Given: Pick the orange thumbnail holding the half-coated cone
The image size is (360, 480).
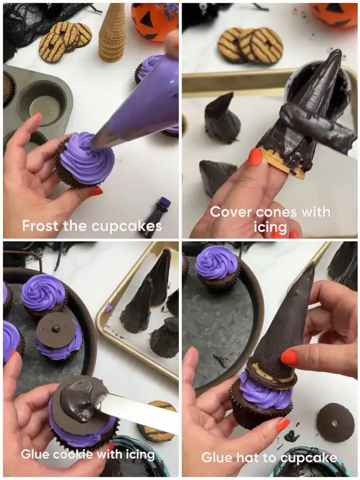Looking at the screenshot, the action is click(255, 157).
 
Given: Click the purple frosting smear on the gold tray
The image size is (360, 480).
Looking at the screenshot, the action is click(108, 308).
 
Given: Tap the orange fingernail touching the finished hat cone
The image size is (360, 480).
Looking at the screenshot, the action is click(289, 358).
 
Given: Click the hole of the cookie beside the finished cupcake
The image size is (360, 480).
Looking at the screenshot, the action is click(335, 423).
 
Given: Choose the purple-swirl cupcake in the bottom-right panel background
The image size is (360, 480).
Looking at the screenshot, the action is click(217, 270).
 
